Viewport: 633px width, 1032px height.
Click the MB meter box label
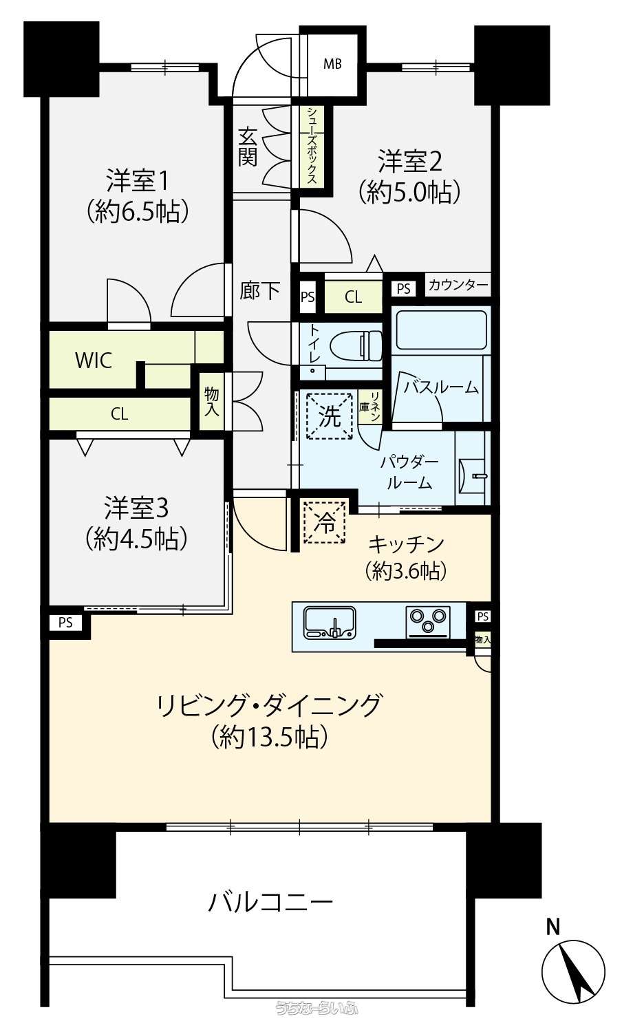(332, 63)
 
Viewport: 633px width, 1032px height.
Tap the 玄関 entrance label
(248, 147)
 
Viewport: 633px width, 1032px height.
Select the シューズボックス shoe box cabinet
(312, 146)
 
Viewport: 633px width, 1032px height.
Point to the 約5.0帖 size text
(409, 192)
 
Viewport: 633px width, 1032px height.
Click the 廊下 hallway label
(260, 291)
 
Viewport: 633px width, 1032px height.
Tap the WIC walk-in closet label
(94, 361)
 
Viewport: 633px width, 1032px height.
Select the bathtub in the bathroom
(440, 330)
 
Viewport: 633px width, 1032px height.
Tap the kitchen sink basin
(330, 623)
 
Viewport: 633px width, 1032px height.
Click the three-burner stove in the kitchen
(428, 621)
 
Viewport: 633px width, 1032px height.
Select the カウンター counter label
(458, 285)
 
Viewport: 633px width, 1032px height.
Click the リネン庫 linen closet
(370, 407)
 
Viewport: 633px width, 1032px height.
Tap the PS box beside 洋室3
(65, 623)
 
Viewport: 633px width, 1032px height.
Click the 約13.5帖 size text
(270, 737)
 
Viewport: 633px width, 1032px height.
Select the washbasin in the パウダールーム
(473, 475)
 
